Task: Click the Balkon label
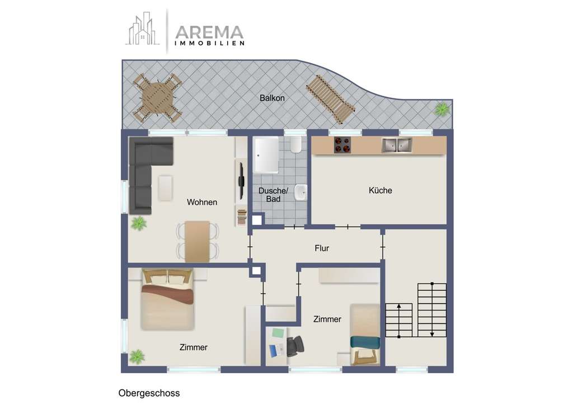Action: (x=272, y=98)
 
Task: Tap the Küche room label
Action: (x=380, y=190)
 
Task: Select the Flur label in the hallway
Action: (x=322, y=248)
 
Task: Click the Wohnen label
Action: (x=202, y=202)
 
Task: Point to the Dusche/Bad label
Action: (x=273, y=195)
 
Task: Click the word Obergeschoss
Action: (x=149, y=393)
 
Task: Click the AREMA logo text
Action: (x=209, y=32)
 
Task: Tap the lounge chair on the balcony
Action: (x=330, y=99)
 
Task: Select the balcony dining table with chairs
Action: (x=158, y=97)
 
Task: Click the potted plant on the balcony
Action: (x=442, y=109)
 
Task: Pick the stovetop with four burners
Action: (x=343, y=145)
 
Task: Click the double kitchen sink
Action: (x=397, y=145)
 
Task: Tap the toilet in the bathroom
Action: (x=296, y=147)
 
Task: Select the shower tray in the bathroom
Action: (x=266, y=155)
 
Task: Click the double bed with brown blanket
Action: (x=167, y=299)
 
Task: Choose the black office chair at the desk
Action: (x=295, y=345)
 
